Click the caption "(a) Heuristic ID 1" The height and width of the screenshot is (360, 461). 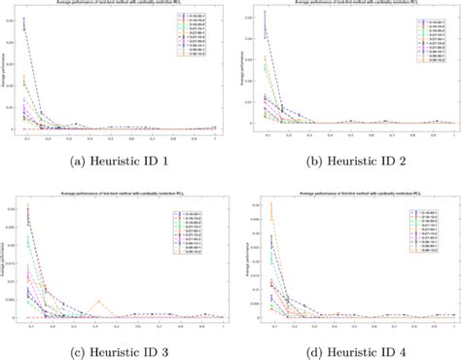pos(115,162)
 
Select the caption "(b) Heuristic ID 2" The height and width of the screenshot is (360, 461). pos(348,162)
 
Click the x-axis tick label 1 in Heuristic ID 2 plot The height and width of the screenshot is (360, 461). pos(453,137)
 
